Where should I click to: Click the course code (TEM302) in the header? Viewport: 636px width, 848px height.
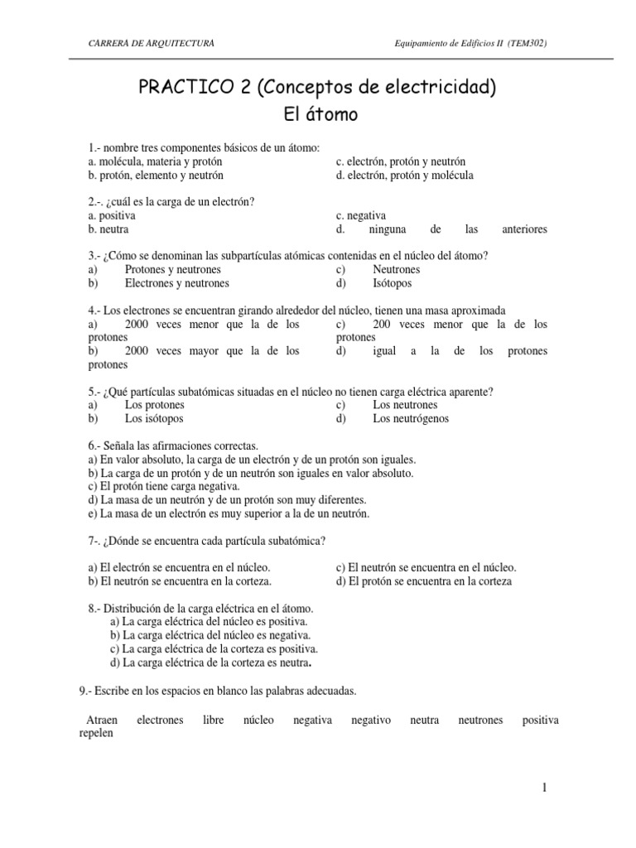tap(526, 42)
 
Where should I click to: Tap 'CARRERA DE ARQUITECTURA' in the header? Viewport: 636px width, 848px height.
tap(152, 42)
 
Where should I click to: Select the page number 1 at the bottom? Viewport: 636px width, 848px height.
tap(544, 788)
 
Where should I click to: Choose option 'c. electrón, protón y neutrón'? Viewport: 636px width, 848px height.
tap(401, 161)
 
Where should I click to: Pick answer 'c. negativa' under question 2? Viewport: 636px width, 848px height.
tap(361, 215)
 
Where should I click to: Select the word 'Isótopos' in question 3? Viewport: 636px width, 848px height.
tap(393, 283)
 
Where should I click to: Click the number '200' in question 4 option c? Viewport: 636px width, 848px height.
tap(383, 324)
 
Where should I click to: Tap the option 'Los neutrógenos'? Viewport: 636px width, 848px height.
tap(411, 418)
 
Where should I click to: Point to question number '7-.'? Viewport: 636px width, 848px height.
tap(96, 541)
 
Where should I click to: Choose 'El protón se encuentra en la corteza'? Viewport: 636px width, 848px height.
tap(424, 581)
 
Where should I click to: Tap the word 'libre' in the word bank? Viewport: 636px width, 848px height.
tap(214, 720)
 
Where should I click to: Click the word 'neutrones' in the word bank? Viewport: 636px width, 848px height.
tap(480, 720)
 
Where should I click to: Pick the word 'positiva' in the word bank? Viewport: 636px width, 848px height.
tap(540, 720)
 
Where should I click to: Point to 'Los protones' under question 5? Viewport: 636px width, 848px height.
tap(154, 405)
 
